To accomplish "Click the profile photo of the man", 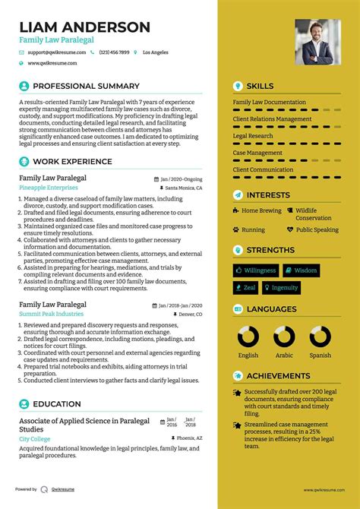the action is [x=317, y=42].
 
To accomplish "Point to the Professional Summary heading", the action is [x=86, y=86].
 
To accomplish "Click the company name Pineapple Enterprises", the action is [x=48, y=188].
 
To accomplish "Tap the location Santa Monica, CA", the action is [x=183, y=188].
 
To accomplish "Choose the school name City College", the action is [x=36, y=439].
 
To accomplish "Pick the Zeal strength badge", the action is [x=245, y=288].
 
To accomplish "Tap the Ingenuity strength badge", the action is [x=281, y=288].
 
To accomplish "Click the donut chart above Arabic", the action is [x=285, y=337].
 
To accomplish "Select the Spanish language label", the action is [x=320, y=355].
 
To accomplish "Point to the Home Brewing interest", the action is [x=261, y=210].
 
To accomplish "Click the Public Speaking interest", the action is [x=317, y=229].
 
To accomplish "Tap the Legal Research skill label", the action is [x=253, y=136].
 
